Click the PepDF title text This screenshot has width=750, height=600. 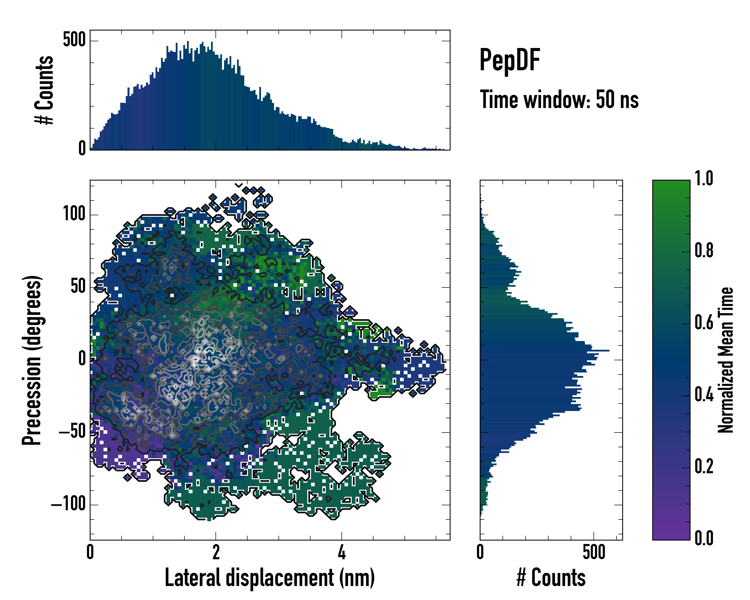tap(509, 60)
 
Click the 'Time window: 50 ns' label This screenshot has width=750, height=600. tap(559, 99)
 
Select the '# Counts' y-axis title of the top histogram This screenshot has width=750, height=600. tap(44, 90)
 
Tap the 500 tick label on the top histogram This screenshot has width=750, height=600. tap(74, 40)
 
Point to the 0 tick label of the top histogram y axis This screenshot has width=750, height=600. tap(82, 149)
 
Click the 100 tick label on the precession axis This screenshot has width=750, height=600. tap(74, 214)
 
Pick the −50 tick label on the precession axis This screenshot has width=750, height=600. tap(72, 432)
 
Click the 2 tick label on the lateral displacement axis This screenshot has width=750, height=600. tap(216, 552)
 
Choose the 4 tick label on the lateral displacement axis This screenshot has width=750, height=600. tap(341, 552)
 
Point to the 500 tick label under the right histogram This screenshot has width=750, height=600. tap(594, 552)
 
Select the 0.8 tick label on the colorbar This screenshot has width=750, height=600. tap(704, 251)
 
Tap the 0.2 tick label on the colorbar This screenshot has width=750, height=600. tap(704, 466)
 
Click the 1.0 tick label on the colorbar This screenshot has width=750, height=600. tap(704, 179)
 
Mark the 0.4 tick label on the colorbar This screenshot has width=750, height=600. tap(704, 395)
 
